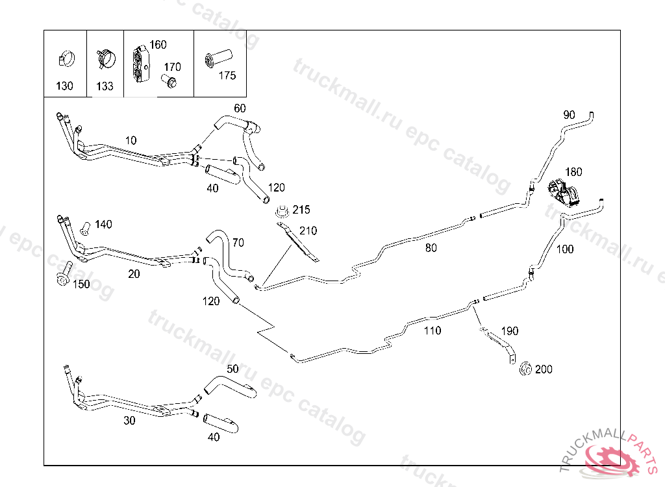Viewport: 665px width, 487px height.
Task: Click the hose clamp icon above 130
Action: tap(65, 59)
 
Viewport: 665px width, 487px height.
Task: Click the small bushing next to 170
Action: tap(169, 82)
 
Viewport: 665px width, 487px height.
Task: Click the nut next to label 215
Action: tap(282, 211)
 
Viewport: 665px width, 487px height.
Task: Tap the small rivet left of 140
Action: tap(83, 227)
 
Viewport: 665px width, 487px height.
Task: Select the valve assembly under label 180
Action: tap(562, 193)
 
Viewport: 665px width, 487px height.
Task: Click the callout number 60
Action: tap(240, 108)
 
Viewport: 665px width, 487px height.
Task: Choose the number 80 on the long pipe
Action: tap(431, 247)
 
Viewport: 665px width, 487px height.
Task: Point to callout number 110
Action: tap(432, 331)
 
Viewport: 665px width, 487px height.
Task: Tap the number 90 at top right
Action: tap(569, 115)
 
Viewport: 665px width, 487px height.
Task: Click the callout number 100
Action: tap(565, 249)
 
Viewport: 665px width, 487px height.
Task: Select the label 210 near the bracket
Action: tap(308, 231)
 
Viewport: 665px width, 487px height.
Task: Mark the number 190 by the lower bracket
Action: tap(510, 331)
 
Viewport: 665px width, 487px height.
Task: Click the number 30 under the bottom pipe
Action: tap(130, 421)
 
